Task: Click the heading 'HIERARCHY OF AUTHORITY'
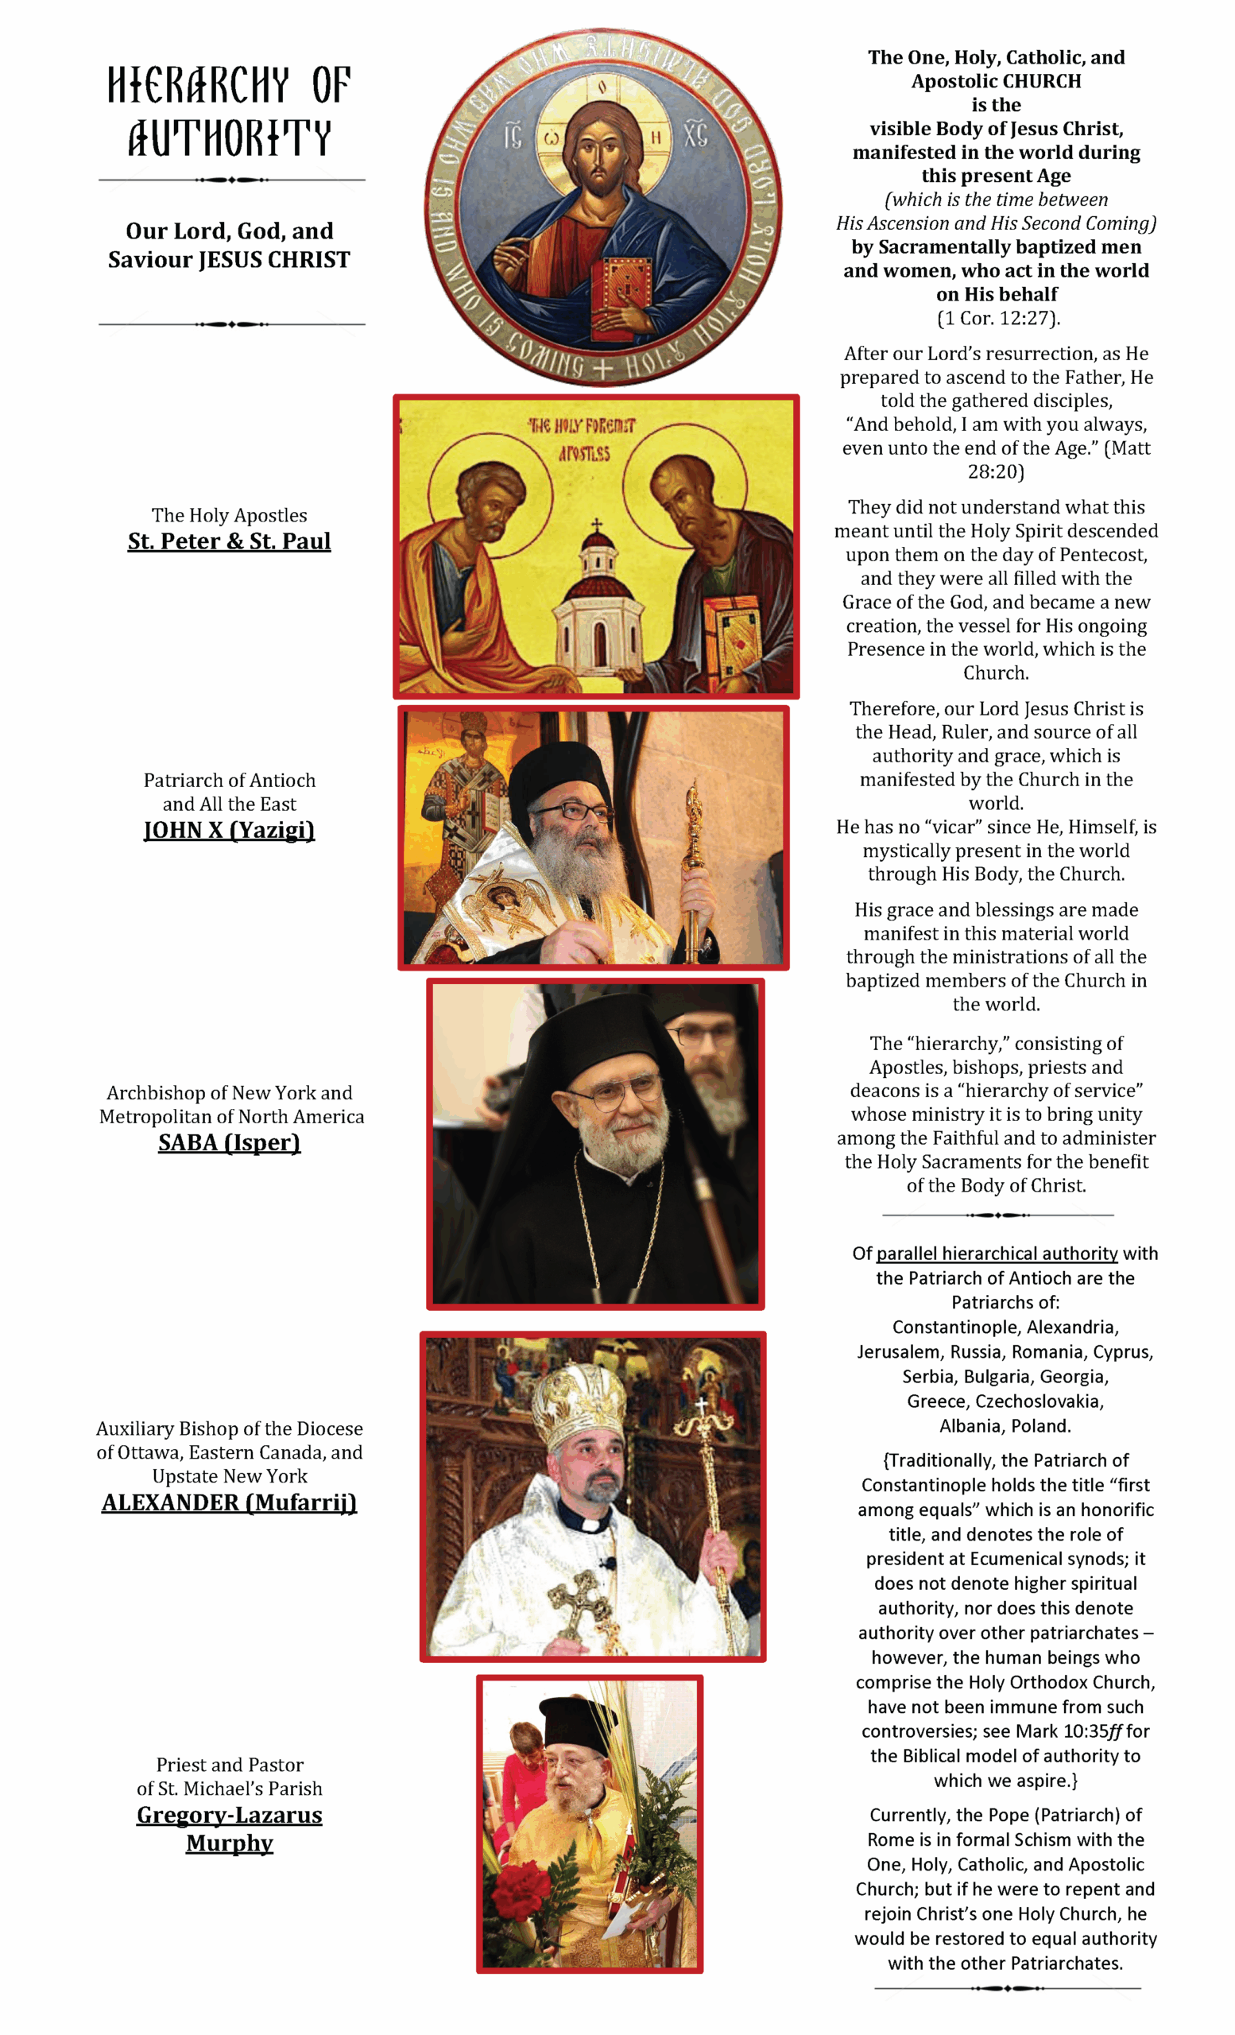tap(230, 111)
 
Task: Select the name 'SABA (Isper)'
tap(229, 1142)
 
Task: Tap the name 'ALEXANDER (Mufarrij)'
tap(229, 1502)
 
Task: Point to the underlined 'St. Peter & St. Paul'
tap(229, 541)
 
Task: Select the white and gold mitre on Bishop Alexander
tap(578, 1395)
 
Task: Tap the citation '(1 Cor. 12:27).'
tap(997, 318)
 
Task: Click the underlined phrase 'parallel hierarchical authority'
tap(997, 1254)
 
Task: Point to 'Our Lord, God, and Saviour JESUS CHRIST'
tap(229, 246)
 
